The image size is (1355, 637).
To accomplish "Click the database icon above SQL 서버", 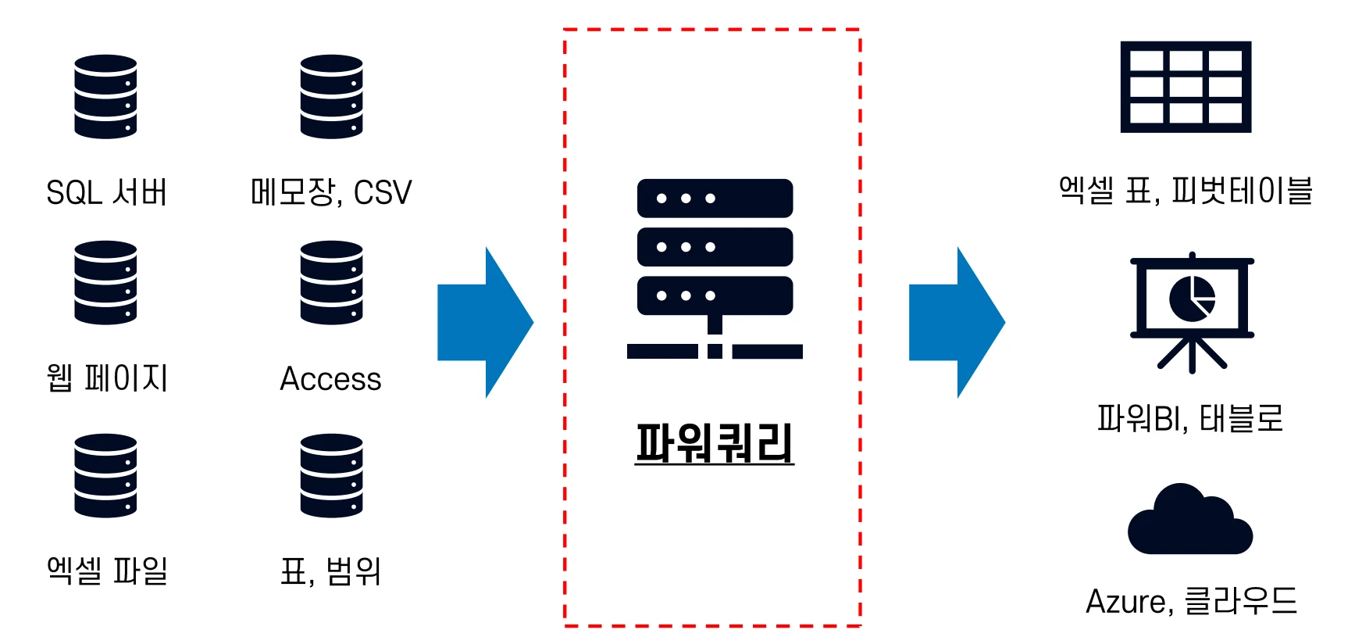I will tap(105, 97).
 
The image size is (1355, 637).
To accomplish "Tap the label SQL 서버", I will tap(107, 192).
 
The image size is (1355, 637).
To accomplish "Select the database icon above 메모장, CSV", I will tap(331, 97).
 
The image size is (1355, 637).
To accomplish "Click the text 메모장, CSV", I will tap(330, 192).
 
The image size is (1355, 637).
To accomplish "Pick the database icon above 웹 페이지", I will tap(105, 283).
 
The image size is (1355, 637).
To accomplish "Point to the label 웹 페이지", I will tap(107, 378).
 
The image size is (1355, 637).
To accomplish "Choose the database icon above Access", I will tap(331, 283).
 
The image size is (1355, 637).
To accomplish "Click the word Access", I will tap(330, 379).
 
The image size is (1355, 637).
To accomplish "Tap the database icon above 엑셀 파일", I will tap(105, 475).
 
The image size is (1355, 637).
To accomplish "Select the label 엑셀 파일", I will tap(107, 571).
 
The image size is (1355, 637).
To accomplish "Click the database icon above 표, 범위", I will tap(331, 475).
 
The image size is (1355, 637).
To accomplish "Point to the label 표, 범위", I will tap(330, 571).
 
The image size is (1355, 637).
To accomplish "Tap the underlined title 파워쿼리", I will tap(714, 442).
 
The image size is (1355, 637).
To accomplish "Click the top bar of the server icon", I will tap(715, 199).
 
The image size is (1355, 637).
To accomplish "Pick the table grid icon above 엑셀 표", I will tap(1186, 87).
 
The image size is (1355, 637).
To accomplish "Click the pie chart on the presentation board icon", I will tap(1192, 299).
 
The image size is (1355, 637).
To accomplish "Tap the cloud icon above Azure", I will tap(1189, 521).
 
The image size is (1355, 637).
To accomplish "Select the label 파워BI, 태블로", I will tap(1189, 418).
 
